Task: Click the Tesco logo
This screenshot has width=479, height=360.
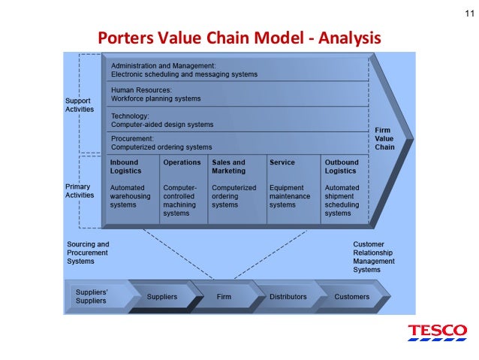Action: (437, 332)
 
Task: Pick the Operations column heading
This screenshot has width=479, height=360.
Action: (182, 162)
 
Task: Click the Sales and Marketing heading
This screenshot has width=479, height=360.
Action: (228, 166)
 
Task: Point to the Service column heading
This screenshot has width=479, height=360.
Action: (282, 162)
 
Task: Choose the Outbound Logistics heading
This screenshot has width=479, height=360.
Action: (342, 166)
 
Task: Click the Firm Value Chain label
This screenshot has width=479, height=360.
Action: (384, 138)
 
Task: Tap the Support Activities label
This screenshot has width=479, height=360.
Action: (79, 104)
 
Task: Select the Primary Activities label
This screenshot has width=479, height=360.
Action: (79, 190)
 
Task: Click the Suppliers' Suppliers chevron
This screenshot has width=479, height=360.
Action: (92, 295)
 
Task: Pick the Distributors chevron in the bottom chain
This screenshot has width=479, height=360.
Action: (288, 297)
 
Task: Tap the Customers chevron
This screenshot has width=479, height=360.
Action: (351, 297)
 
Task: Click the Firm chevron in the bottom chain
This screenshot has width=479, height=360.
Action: (224, 297)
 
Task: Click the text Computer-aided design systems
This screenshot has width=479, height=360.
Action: (161, 123)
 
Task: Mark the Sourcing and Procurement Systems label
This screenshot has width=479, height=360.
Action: (88, 253)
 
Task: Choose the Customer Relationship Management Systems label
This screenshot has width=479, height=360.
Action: (374, 257)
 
